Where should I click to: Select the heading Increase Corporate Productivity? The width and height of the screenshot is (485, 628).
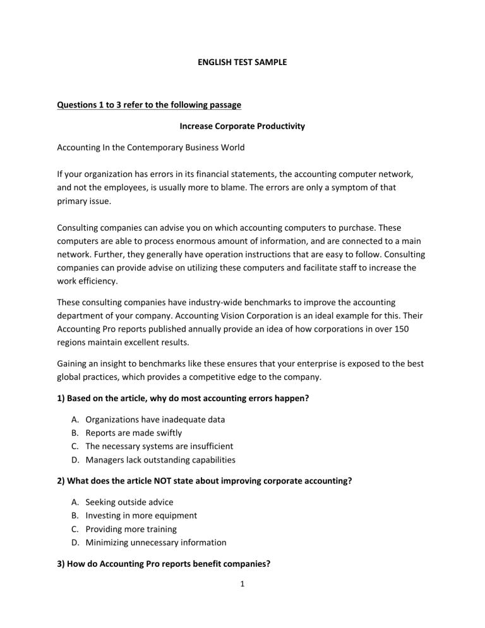coord(242,126)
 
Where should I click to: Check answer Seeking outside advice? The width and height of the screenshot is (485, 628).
coord(129,502)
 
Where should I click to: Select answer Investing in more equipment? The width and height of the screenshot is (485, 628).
coord(141,515)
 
